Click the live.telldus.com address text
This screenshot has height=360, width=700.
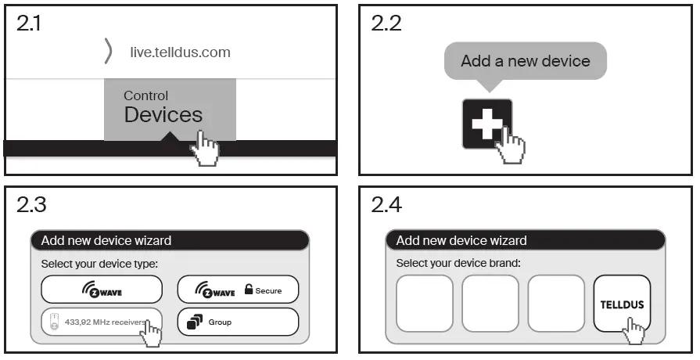pyautogui.click(x=180, y=52)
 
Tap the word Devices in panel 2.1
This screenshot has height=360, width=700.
pyautogui.click(x=163, y=115)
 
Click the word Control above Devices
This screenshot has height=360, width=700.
pyautogui.click(x=145, y=95)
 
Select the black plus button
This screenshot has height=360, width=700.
pyautogui.click(x=486, y=123)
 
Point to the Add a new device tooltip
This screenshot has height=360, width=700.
pyautogui.click(x=525, y=61)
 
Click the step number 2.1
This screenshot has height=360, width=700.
pyautogui.click(x=29, y=23)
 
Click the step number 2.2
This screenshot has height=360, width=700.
pyautogui.click(x=386, y=23)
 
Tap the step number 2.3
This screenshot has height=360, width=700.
pyautogui.click(x=31, y=205)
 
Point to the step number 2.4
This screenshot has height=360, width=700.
pyautogui.click(x=386, y=205)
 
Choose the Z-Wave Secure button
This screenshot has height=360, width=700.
pyautogui.click(x=238, y=290)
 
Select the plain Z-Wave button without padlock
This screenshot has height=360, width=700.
pyautogui.click(x=102, y=290)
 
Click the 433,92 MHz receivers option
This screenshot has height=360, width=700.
pyautogui.click(x=102, y=322)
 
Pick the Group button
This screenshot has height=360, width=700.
pyautogui.click(x=238, y=322)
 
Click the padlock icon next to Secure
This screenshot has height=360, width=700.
pyautogui.click(x=249, y=290)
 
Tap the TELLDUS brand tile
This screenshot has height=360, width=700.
pyautogui.click(x=622, y=304)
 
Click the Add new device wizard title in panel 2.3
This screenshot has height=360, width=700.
pyautogui.click(x=106, y=240)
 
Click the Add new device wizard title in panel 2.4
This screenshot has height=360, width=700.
pyautogui.click(x=461, y=240)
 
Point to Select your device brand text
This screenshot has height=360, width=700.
pyautogui.click(x=458, y=263)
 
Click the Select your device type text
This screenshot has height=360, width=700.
pyautogui.click(x=99, y=264)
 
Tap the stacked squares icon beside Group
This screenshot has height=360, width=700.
pyautogui.click(x=195, y=322)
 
